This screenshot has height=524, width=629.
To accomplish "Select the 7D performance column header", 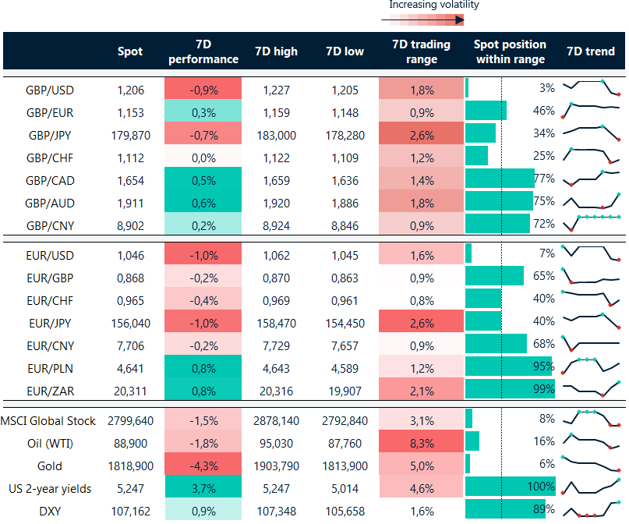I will tap(203, 51).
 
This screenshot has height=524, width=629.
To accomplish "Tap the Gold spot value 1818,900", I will tap(130, 466).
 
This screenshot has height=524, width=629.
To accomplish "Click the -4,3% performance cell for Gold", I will tap(203, 466).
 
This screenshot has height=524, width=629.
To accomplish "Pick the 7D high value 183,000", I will tap(276, 134).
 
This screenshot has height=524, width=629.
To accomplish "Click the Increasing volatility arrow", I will tap(426, 20).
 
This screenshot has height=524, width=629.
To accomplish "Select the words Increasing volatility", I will tap(434, 5).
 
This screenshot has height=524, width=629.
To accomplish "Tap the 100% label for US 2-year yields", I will tap(540, 489).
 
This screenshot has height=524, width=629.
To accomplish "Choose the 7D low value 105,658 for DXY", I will tap(345, 512).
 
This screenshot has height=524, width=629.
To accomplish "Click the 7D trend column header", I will tap(590, 51).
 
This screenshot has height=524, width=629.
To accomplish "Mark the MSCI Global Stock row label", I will tap(49, 421).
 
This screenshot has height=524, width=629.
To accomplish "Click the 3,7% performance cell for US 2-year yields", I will tap(203, 489).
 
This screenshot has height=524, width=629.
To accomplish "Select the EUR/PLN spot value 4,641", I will tap(130, 366).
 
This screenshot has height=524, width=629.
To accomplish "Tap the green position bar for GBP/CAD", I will tap(499, 179).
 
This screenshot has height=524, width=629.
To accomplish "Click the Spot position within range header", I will tap(510, 51).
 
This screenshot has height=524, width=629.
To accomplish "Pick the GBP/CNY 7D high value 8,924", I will tap(276, 225).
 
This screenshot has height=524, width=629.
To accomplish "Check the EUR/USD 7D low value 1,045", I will tap(345, 253).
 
